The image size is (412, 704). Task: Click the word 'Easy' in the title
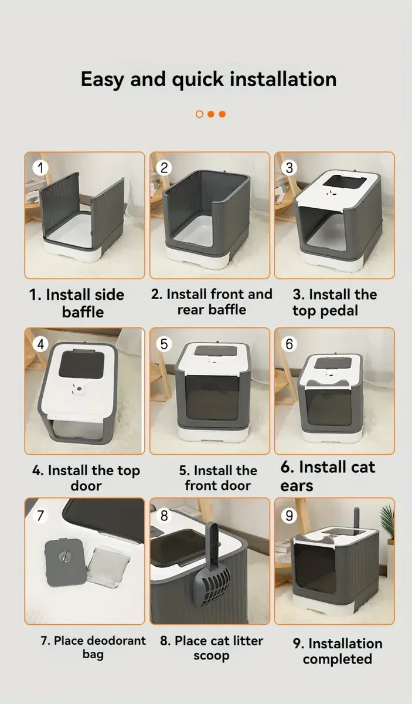(x=102, y=79)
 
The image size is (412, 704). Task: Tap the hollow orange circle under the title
(x=199, y=114)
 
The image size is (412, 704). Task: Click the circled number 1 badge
(x=39, y=168)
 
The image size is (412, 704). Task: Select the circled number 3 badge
(x=289, y=168)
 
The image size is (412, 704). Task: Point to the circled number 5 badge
(x=164, y=344)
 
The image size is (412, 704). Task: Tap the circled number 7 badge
(x=39, y=516)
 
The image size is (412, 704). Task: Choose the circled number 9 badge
(x=289, y=516)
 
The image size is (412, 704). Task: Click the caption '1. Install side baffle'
(x=77, y=303)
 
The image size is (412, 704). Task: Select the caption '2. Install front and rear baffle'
(x=212, y=302)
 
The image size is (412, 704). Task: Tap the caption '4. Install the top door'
(x=86, y=478)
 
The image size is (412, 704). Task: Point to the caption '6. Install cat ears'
(x=326, y=476)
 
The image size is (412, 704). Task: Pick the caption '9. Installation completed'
(x=337, y=651)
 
